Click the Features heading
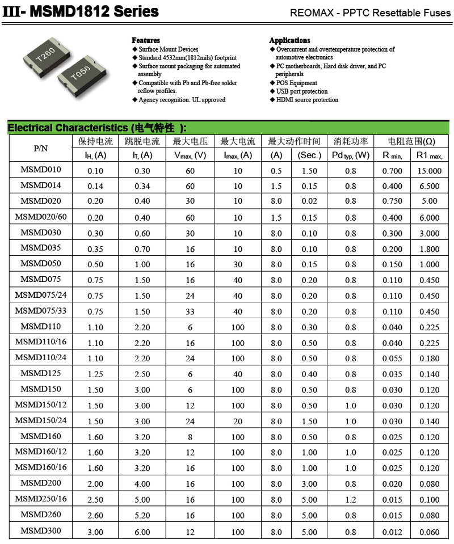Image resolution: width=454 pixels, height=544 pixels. (x=146, y=40)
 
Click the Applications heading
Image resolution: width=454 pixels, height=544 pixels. (x=289, y=40)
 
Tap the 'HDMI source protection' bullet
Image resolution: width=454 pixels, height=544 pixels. (x=307, y=100)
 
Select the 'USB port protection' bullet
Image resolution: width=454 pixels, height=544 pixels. (x=302, y=91)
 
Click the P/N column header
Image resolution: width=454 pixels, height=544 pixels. (x=41, y=148)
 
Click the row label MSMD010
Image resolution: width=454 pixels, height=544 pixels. (x=41, y=170)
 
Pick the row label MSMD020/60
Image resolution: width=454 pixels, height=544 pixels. (x=41, y=217)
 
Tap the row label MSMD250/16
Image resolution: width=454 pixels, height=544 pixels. (x=41, y=499)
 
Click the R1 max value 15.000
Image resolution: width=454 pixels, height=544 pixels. (x=429, y=171)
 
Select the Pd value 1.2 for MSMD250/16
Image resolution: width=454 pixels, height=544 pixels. (x=351, y=500)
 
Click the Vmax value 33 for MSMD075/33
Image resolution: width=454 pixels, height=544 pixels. (x=190, y=311)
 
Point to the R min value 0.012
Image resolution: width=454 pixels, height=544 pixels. (x=392, y=532)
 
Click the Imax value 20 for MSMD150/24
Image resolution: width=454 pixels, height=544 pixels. (x=238, y=421)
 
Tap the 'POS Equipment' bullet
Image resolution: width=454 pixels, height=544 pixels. (x=297, y=83)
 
